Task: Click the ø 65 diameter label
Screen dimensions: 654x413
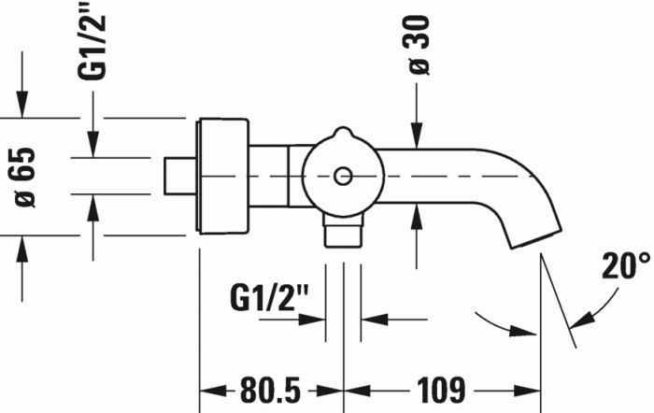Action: click(24, 178)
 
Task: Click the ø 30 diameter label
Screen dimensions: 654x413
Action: click(419, 46)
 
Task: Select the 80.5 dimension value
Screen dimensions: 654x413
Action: click(270, 391)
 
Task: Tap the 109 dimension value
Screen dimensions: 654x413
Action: click(441, 391)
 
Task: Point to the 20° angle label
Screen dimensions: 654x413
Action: click(626, 265)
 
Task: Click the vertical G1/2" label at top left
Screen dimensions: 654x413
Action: click(92, 40)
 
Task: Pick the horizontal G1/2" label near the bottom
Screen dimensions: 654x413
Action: click(269, 297)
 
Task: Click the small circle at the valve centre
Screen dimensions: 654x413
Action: click(343, 176)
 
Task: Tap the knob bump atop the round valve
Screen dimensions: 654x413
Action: click(343, 133)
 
